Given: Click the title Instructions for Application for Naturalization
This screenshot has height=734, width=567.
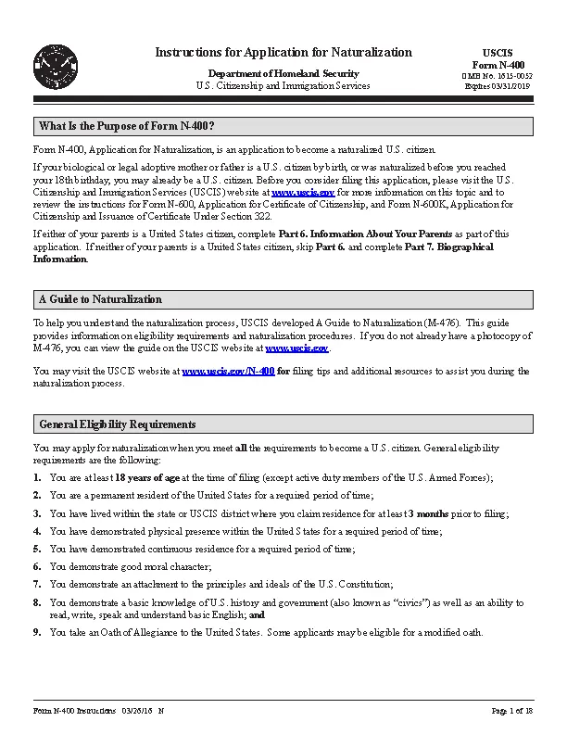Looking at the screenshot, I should (x=283, y=52).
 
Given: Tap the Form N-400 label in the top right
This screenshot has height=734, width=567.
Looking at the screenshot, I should (x=498, y=64).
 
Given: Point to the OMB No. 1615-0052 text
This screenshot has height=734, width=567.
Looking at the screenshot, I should (x=498, y=75).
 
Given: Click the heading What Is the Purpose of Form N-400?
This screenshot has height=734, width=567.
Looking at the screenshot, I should (x=127, y=126).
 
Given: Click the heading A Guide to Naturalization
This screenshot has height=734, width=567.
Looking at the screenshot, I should (x=100, y=299).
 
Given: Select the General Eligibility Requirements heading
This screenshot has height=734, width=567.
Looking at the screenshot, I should (x=117, y=424).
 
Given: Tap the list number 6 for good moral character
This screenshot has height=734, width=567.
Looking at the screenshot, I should (x=37, y=565).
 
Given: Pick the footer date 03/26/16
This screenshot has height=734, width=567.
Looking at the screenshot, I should (x=136, y=710).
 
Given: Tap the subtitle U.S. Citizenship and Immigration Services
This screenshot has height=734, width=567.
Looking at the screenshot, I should (x=283, y=85).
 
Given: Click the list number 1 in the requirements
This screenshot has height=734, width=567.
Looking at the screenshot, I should (x=37, y=477).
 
